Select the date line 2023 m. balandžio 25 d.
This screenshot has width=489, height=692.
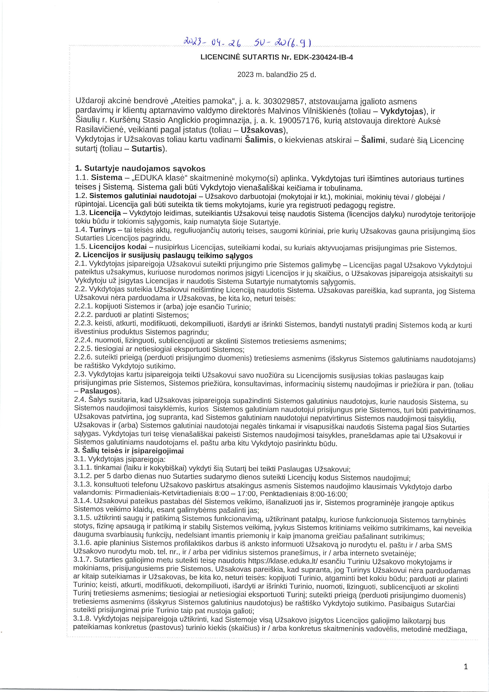277,74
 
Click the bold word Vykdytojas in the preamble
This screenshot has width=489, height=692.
402,111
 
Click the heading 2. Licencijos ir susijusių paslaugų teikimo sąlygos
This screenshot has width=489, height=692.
164,256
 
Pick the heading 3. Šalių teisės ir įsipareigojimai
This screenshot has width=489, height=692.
129,451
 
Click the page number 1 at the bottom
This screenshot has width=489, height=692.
466,667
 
